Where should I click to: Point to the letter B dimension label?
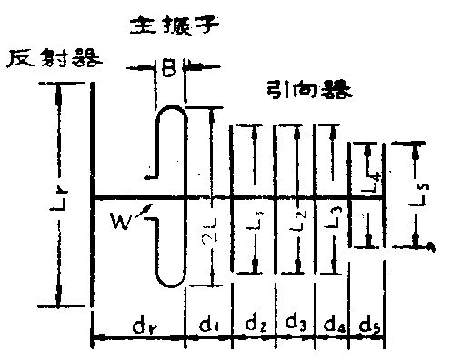tap(169, 66)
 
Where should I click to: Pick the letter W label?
tap(119, 220)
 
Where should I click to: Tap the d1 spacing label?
tap(209, 323)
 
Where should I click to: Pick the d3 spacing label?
tap(294, 323)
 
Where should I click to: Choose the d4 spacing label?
tap(332, 323)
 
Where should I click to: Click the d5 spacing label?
tap(368, 323)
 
